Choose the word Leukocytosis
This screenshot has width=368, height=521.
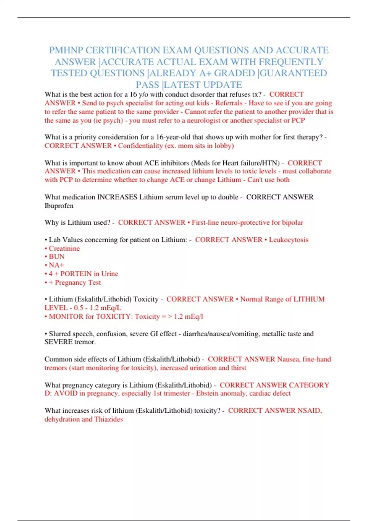289,240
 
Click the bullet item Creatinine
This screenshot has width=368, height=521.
64,248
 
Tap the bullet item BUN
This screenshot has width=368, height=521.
56,257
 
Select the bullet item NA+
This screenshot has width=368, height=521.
56,265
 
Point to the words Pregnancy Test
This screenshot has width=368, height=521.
78,282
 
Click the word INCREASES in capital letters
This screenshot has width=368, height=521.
117,197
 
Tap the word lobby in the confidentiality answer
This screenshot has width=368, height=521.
224,146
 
